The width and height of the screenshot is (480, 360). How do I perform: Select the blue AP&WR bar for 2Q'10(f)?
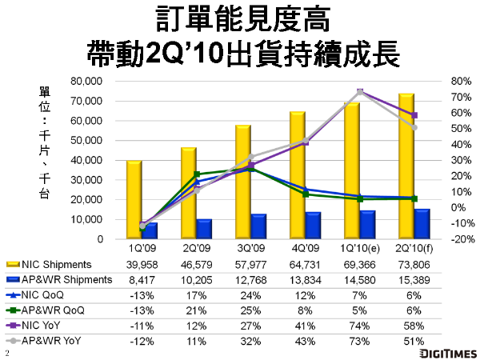422,225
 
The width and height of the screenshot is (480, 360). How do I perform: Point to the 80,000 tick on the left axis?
87,81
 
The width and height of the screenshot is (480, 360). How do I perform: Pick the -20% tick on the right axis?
440,239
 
